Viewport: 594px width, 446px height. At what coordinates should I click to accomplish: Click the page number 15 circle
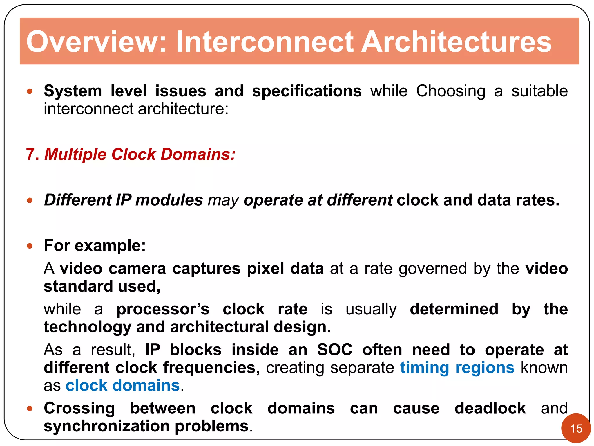tap(576, 428)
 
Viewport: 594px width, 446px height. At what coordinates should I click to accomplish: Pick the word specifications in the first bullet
tap(307, 91)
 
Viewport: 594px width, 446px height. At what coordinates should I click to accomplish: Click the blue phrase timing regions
tap(457, 368)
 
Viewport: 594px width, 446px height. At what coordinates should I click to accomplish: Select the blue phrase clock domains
tap(123, 386)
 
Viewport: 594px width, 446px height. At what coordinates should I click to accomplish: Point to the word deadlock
tap(490, 408)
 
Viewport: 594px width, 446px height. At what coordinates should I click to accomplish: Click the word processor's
tap(162, 309)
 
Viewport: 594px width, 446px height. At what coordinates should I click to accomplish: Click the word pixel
tap(265, 269)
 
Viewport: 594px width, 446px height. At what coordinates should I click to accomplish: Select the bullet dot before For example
tap(30, 246)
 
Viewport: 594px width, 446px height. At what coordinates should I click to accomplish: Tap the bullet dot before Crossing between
tap(30, 409)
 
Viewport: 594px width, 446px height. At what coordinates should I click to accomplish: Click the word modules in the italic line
tap(169, 200)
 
